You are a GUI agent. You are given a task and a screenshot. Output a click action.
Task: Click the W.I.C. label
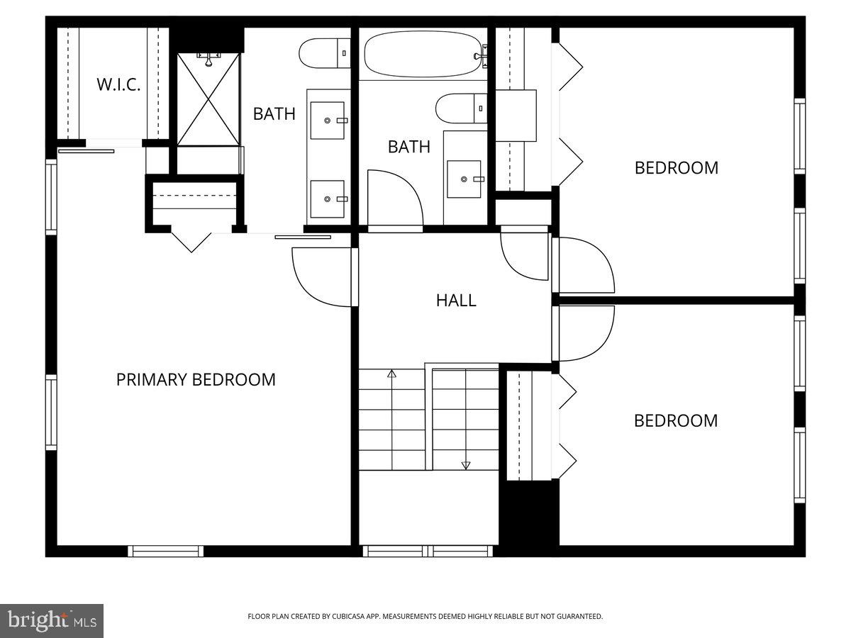coord(118,85)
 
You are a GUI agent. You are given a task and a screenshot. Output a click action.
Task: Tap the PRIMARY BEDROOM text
coord(196,379)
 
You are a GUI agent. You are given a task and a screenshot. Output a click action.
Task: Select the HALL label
coord(456,300)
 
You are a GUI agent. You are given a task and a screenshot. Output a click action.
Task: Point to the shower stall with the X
coord(208,99)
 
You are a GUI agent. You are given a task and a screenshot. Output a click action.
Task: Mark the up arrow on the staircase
coord(391,374)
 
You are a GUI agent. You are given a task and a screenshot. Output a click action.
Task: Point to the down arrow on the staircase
coord(466,465)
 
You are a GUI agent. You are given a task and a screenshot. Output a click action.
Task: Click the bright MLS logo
coord(52,621)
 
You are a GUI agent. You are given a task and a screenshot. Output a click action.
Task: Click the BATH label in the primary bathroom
coord(274,113)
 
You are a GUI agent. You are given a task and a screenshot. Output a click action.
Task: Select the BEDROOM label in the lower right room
coord(675,420)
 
